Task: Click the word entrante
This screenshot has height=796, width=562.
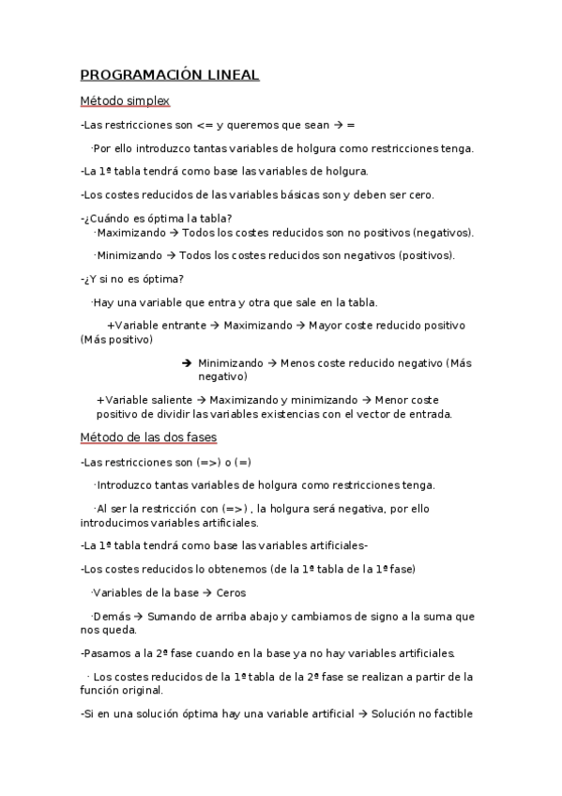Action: pyautogui.click(x=182, y=326)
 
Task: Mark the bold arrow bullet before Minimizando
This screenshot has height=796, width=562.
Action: pyautogui.click(x=186, y=362)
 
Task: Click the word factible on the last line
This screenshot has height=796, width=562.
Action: pyautogui.click(x=451, y=713)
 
